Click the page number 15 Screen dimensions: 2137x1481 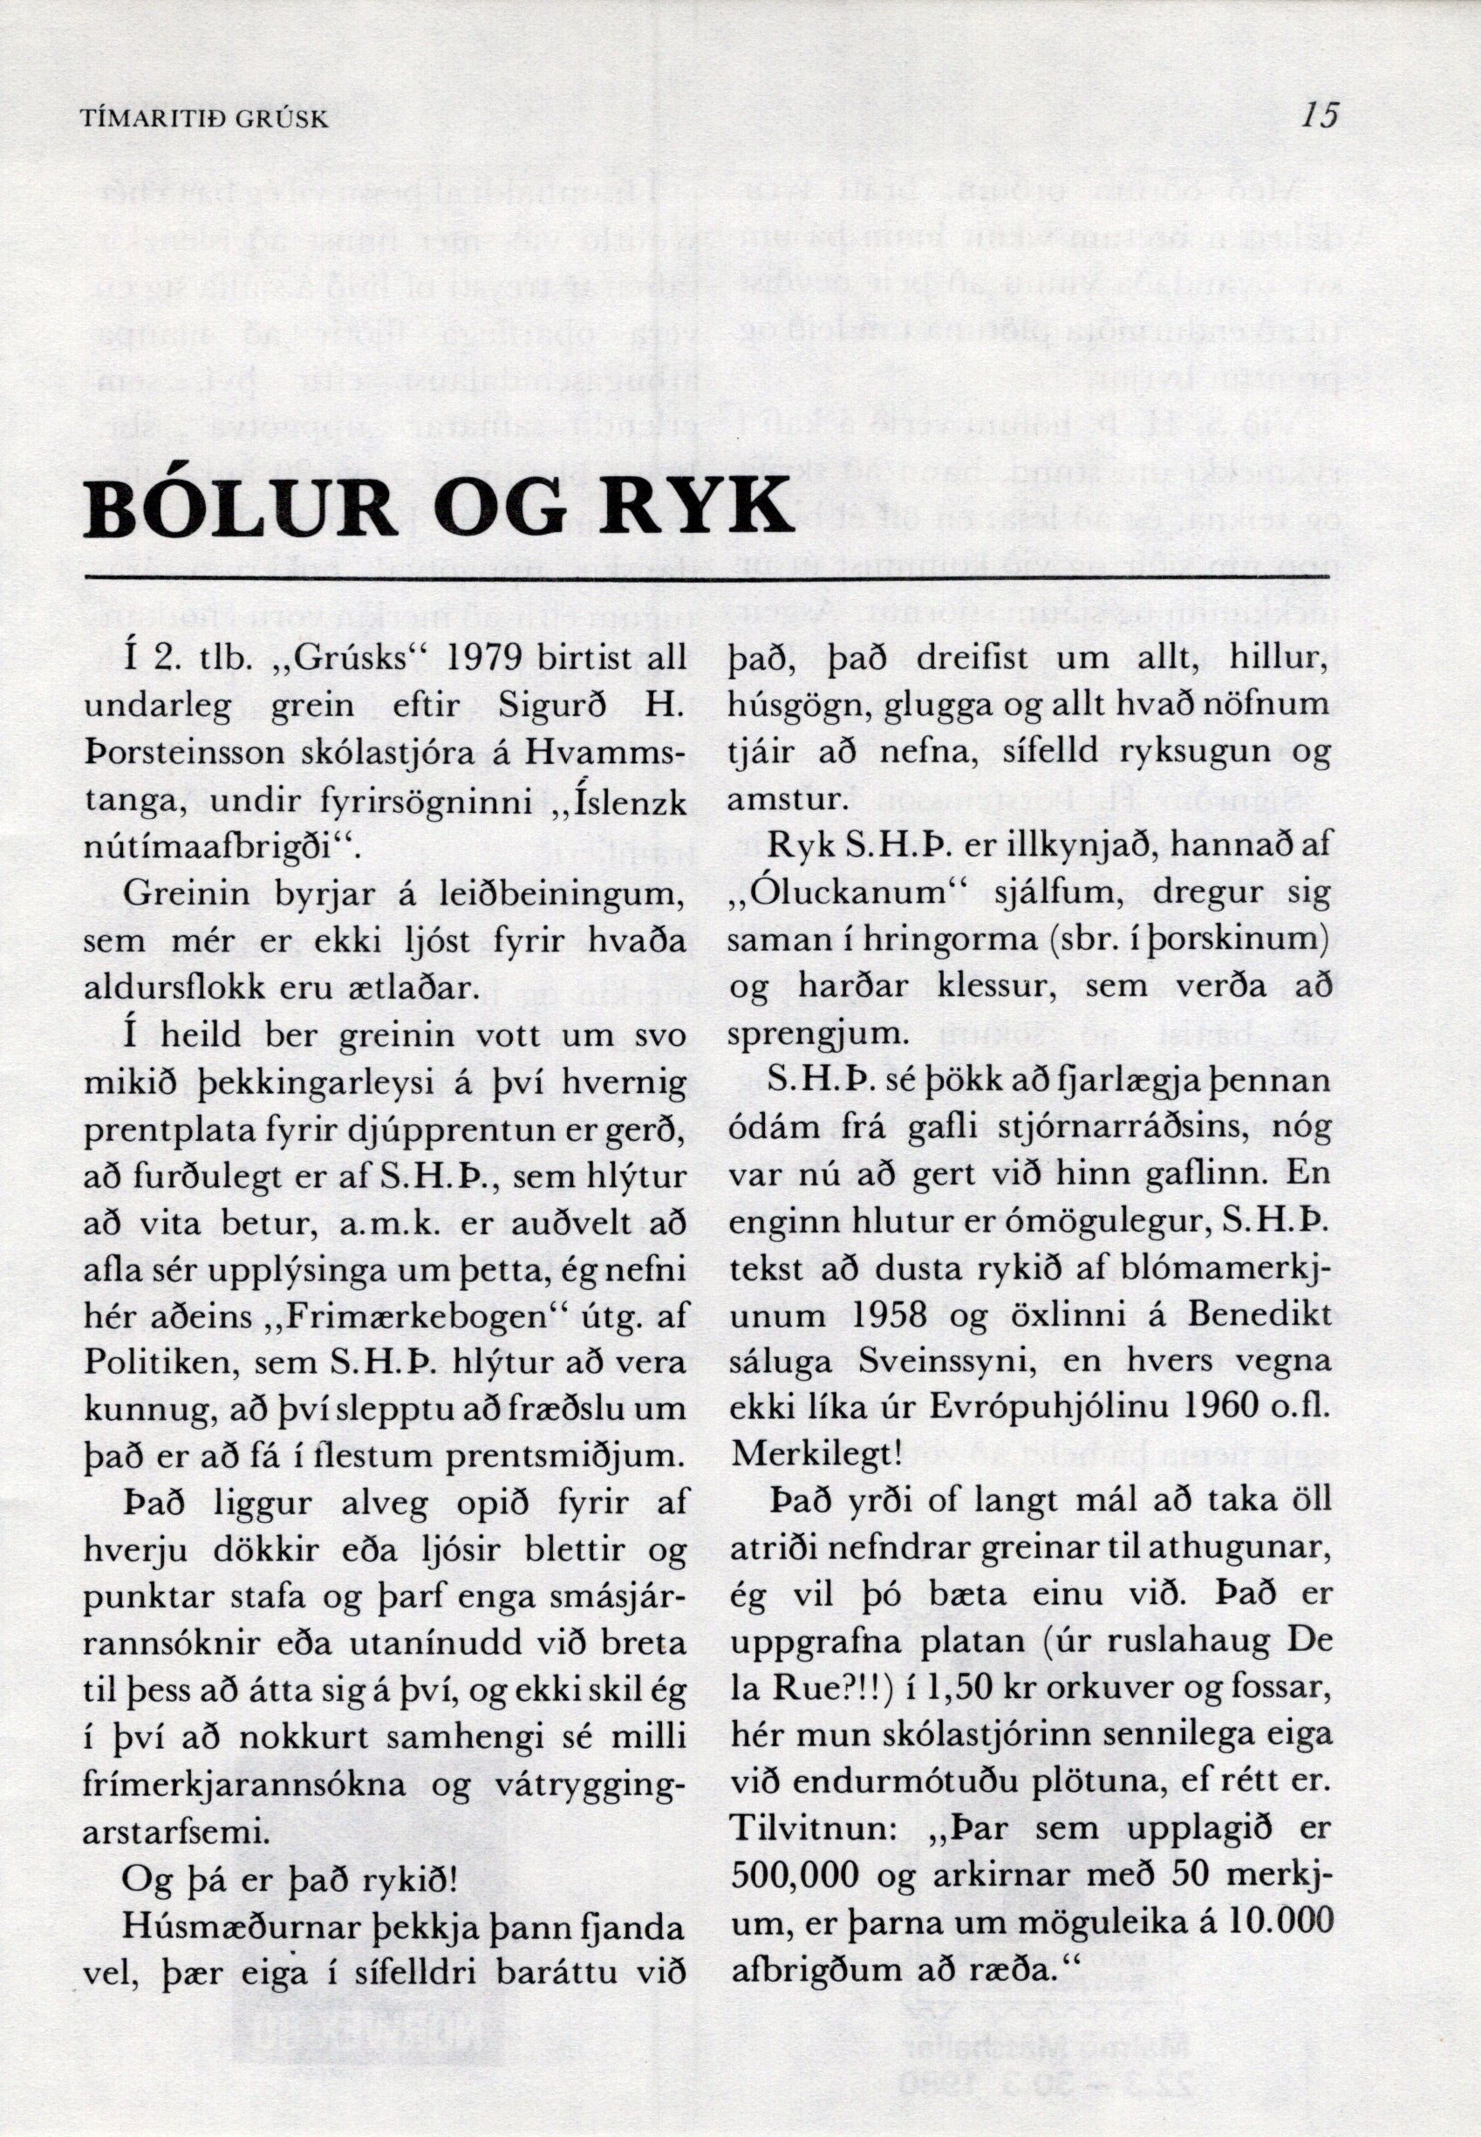(x=1320, y=116)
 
